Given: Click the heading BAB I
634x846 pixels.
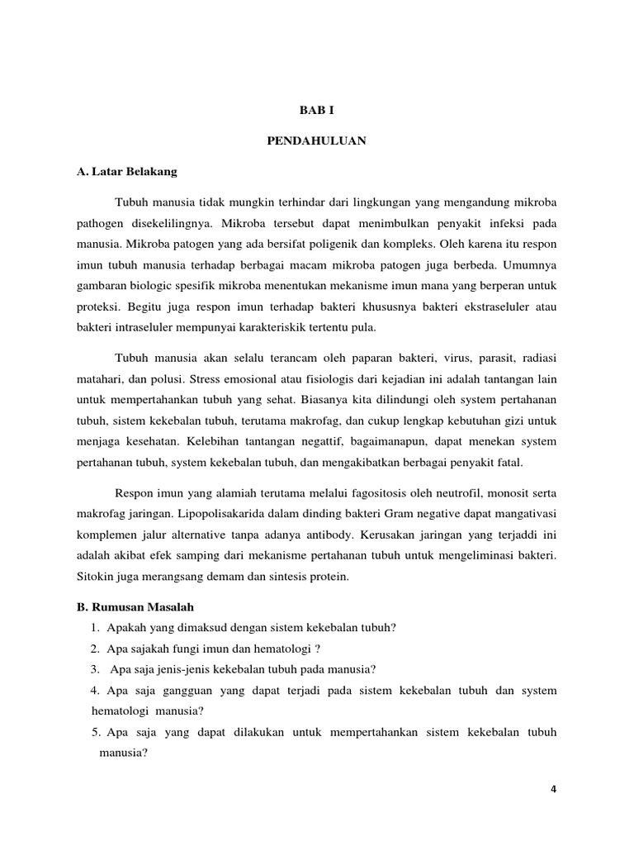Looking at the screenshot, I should click(x=317, y=109).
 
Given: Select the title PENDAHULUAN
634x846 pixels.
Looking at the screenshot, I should click(x=317, y=141).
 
